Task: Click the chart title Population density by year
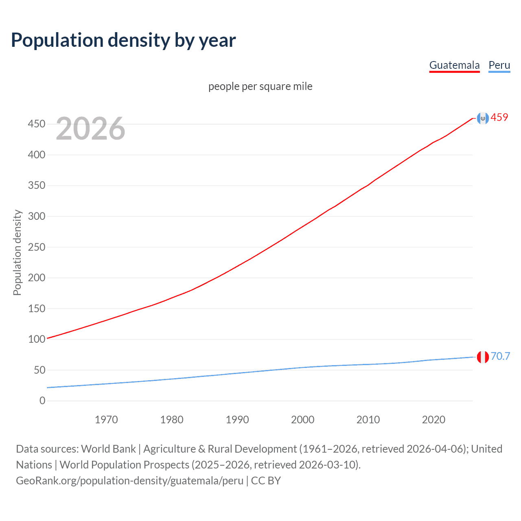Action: [x=123, y=40]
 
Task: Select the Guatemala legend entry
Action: [x=454, y=65]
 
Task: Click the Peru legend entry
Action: [x=499, y=65]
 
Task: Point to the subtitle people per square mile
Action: [x=260, y=86]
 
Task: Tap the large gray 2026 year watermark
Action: [x=90, y=129]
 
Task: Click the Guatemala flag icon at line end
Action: [x=483, y=118]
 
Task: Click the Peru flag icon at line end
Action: [x=483, y=357]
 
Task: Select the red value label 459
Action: [x=499, y=117]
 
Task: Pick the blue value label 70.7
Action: [x=500, y=356]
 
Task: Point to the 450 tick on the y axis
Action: [x=37, y=124]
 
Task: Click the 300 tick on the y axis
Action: [x=37, y=216]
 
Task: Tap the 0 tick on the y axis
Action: [x=42, y=401]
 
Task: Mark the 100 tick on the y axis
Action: [x=37, y=339]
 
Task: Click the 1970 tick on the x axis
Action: [x=106, y=420]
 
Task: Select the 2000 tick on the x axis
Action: [x=302, y=420]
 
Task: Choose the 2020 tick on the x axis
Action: [x=433, y=420]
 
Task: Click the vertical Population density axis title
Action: [x=17, y=252]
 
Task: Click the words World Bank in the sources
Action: [x=108, y=449]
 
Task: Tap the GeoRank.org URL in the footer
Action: [x=129, y=481]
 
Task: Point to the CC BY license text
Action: [x=266, y=481]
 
